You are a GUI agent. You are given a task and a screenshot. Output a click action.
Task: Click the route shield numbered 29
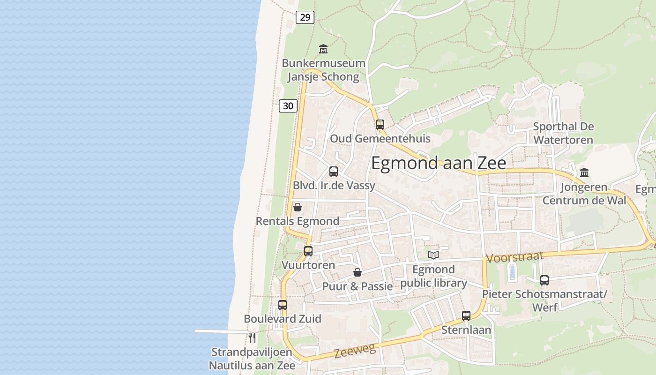point(305,17)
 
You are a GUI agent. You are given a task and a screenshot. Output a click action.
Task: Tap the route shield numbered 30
point(288,106)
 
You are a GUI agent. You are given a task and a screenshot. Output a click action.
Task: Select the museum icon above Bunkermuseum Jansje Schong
point(323,49)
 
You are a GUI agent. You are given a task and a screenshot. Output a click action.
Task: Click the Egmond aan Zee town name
point(439,163)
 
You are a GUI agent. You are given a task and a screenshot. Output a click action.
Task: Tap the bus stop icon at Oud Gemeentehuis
point(380,125)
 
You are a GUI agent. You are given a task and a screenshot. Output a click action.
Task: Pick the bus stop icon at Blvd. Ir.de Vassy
point(334,172)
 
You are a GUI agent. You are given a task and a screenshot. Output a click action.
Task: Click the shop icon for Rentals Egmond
point(298,207)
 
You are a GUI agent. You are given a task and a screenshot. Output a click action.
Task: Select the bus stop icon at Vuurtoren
point(308,251)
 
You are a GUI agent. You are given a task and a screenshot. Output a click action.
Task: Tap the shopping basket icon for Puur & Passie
point(358,272)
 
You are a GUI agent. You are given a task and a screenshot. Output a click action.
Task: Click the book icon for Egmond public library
point(434,255)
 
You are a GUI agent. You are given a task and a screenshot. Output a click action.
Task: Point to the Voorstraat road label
point(515,257)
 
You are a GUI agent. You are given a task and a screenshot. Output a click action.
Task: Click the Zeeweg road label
point(355,351)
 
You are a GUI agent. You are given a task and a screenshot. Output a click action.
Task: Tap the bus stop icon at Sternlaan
point(466,316)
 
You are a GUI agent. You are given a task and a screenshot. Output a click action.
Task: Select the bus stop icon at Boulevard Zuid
point(283,305)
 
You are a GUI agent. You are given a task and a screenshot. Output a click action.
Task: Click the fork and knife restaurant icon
point(252,337)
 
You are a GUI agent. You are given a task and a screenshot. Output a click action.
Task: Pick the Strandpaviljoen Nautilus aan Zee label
point(252,359)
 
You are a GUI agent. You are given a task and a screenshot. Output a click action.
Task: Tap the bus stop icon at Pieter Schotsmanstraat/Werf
point(544,280)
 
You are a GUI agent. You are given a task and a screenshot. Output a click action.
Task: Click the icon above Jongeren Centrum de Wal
point(584,173)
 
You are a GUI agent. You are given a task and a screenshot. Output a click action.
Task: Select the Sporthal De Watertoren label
point(563,133)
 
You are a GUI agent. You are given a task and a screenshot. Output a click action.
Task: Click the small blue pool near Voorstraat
point(512,272)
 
